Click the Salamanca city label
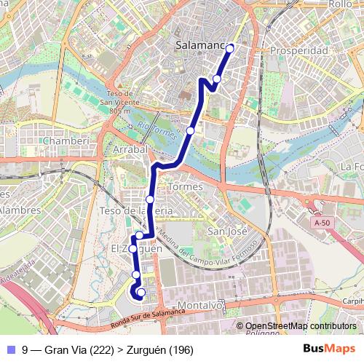(199, 47)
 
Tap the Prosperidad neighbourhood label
(298, 52)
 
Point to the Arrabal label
(130, 149)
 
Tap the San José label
(223, 232)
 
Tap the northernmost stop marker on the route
(230, 49)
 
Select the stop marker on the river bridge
(190, 130)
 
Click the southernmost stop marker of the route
(141, 293)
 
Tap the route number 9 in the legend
(25, 350)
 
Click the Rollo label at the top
(341, 4)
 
